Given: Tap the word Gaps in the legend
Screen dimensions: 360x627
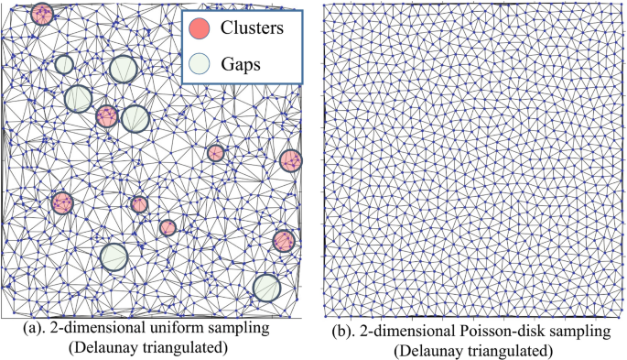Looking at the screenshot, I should coord(244,64).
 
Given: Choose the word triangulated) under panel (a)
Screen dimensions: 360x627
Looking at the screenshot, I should coord(189,349).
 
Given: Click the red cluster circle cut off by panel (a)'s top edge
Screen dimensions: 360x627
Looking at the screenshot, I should coord(42,14).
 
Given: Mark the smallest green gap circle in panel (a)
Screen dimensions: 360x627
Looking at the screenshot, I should coord(63,64).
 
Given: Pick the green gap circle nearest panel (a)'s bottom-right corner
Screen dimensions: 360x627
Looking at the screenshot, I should coord(266,287).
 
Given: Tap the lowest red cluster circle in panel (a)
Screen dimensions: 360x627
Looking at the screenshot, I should coord(285,241).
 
